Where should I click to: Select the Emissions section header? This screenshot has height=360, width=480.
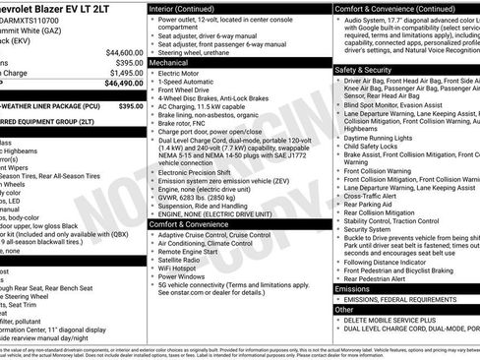point(352,289)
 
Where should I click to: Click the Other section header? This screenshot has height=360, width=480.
point(344,309)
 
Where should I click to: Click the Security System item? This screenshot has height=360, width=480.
point(374,229)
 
